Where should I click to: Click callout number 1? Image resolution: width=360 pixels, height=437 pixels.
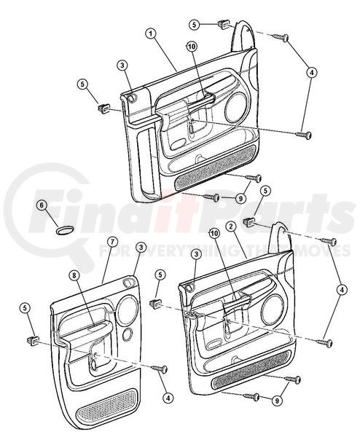pos(151,34)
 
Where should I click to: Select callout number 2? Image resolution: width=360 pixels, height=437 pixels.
pos(230,227)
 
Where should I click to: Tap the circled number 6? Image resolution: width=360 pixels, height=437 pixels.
pos(42,205)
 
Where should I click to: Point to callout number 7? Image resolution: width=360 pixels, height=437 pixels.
pos(111,243)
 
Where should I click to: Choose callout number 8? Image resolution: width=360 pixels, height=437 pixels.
pos(74,275)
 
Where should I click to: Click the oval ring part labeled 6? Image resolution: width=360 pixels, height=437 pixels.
pos(65,230)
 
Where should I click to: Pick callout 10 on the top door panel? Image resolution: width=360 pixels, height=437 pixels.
pos(192,47)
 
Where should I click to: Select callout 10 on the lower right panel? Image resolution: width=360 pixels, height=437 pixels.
pos(214,234)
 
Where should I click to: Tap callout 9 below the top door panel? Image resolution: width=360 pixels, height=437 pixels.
pos(240,198)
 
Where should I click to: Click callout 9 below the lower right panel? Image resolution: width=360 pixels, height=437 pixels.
pos(277,401)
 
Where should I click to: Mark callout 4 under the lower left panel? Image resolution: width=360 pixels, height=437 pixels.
pos(168,398)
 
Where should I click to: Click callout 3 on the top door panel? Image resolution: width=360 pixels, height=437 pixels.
pos(122,66)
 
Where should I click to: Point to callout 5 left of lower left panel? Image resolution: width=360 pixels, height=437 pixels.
pos(25,308)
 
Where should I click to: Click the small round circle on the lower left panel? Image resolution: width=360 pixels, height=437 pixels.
pos(128,334)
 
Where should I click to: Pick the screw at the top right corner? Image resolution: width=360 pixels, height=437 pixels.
pos(281,37)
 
